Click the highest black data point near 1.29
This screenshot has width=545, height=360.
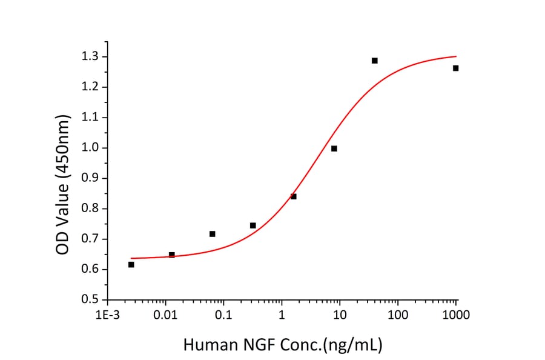pos(375,61)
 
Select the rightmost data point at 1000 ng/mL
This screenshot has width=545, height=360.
pos(455,68)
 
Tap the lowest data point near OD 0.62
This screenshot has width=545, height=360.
pos(131,264)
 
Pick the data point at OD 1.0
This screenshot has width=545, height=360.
pos(334,148)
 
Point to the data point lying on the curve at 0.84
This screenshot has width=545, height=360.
pos(294,196)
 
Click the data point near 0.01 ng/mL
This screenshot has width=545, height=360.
pos(172,255)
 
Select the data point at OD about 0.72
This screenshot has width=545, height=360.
pos(213,234)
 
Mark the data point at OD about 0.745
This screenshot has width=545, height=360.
pos(253,225)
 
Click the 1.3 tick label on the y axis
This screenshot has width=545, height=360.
pos(91,57)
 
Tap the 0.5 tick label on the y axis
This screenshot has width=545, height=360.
pos(91,300)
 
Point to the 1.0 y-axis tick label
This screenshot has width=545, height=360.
pos(91,148)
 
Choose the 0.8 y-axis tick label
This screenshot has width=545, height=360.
pos(91,209)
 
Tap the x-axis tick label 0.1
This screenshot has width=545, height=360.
pos(223,315)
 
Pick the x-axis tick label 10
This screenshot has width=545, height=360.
pos(340,315)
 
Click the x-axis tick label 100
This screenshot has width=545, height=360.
pos(398,315)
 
